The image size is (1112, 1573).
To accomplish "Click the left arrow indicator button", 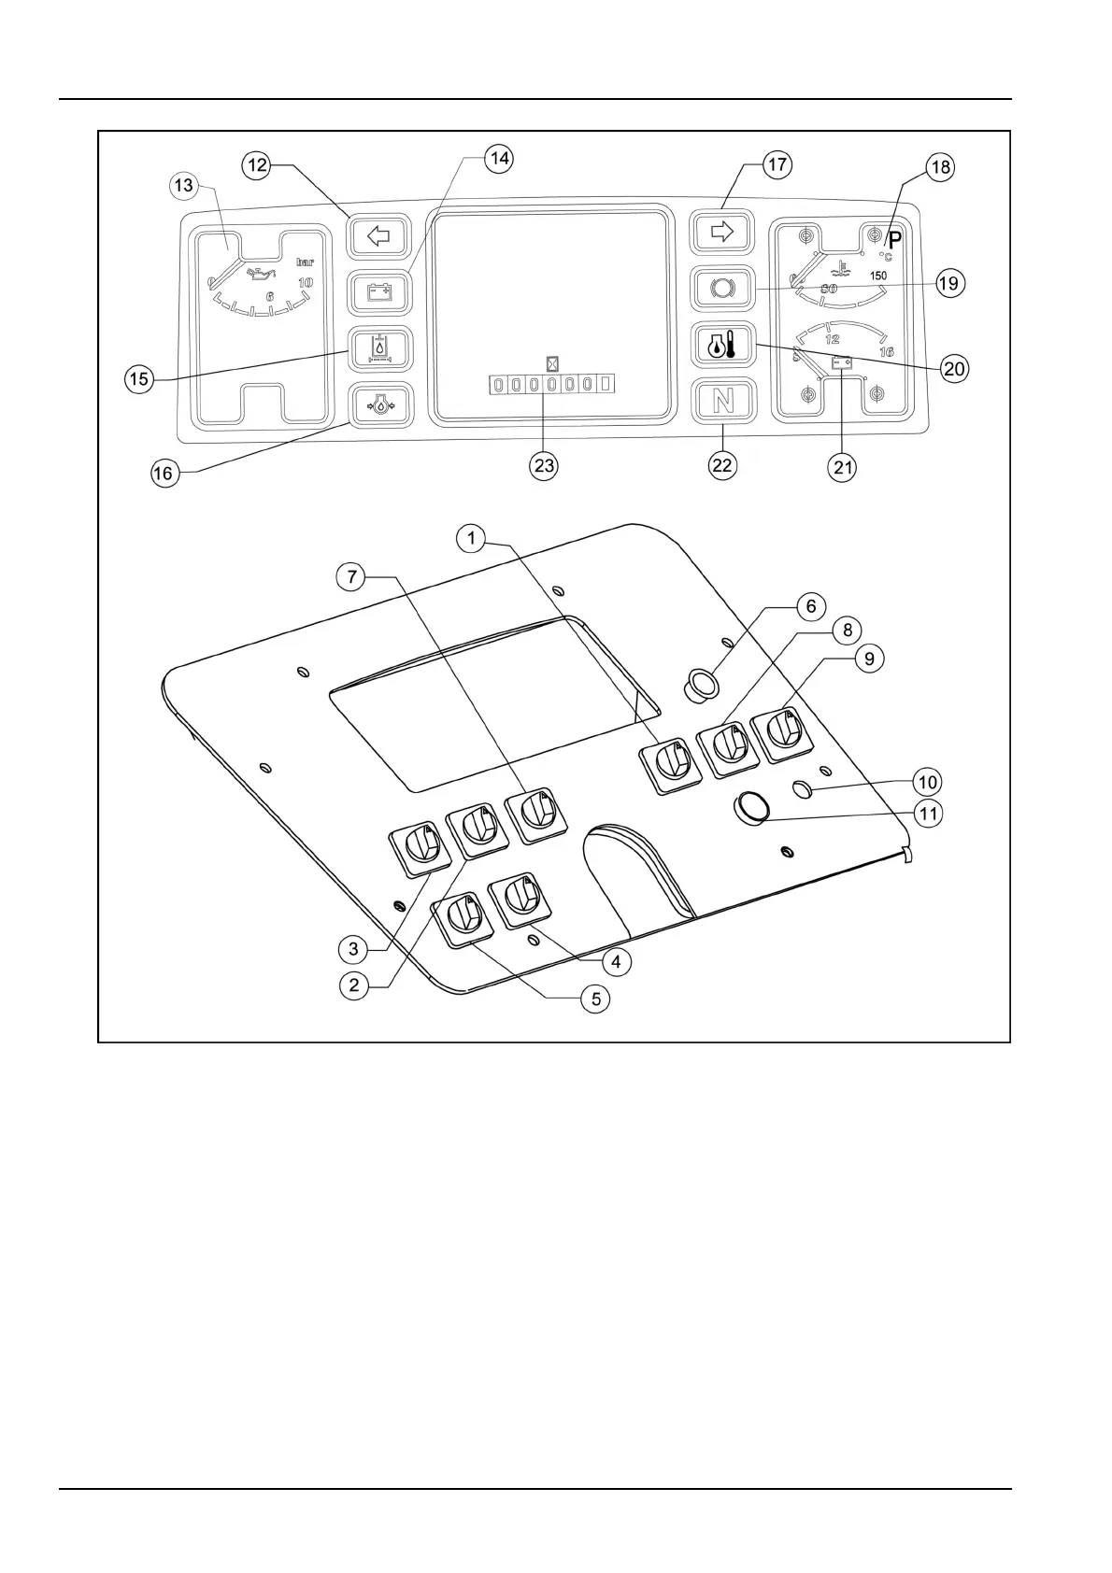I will (378, 235).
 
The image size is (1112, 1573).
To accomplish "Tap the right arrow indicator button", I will (721, 232).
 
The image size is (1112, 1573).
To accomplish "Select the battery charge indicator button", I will (378, 292).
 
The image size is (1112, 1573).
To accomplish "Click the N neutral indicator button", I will (721, 402).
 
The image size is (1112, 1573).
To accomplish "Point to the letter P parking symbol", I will (894, 238).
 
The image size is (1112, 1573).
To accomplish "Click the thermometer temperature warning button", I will (721, 347).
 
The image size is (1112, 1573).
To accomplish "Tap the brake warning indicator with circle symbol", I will (721, 288).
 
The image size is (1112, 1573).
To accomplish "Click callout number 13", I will (183, 185).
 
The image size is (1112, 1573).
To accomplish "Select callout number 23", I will (544, 465).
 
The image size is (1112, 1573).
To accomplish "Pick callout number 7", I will (351, 576).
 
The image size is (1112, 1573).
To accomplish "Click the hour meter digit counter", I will (551, 384).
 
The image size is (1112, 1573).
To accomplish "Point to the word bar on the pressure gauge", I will (305, 262).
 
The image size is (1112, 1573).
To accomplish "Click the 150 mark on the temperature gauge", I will (878, 276).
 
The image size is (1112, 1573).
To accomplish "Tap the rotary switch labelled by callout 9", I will (783, 728).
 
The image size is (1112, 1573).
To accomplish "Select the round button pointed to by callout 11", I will (752, 808).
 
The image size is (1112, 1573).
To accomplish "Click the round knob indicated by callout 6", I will (702, 685).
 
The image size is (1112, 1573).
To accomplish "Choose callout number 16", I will (163, 473).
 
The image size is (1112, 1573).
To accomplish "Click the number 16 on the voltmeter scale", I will (886, 352).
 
